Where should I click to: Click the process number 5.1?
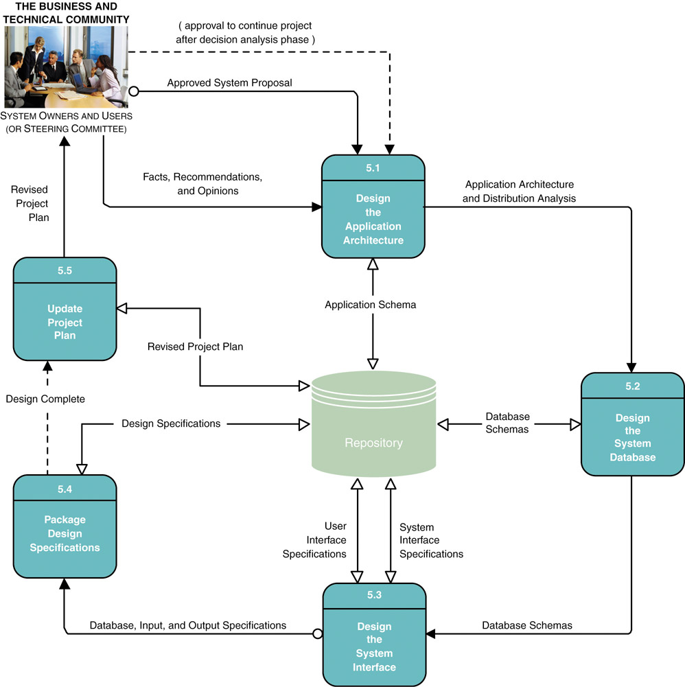tap(373, 167)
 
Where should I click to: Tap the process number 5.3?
tap(373, 595)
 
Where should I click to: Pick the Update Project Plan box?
tap(65, 309)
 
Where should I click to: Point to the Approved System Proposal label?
tap(229, 83)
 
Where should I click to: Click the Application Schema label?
tap(370, 304)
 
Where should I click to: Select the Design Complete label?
tap(45, 398)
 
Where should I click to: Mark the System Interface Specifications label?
tap(430, 541)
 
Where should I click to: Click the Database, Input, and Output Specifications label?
tap(188, 625)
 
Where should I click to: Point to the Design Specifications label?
tap(171, 423)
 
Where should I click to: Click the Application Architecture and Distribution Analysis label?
tap(519, 191)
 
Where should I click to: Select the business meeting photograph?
tap(67, 67)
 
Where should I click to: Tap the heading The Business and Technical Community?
tap(66, 13)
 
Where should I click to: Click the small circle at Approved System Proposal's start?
tap(135, 91)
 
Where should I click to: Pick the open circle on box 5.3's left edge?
tap(317, 634)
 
